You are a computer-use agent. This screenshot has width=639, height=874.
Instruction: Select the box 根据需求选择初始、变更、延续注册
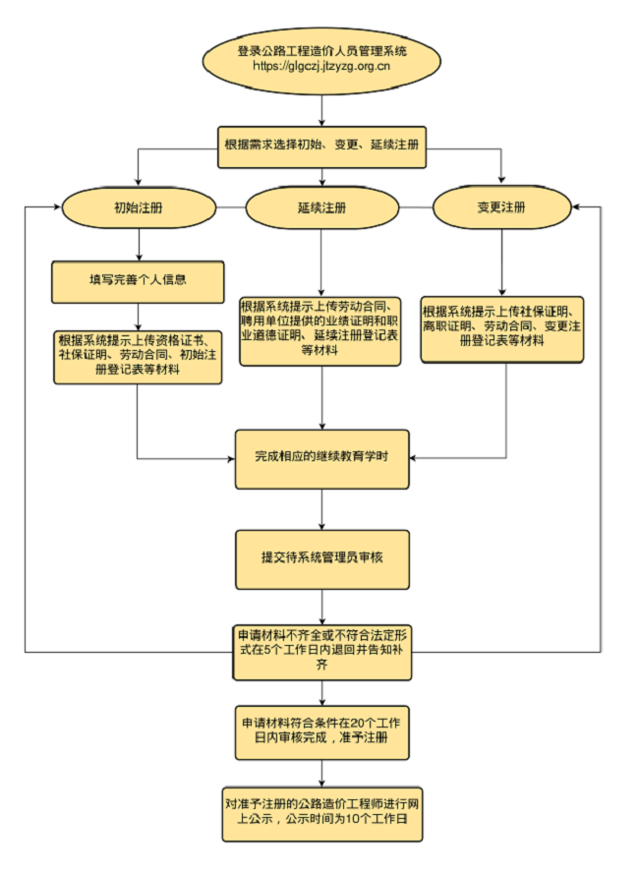[x=321, y=145]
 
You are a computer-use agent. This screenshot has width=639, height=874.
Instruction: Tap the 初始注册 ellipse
[x=139, y=208]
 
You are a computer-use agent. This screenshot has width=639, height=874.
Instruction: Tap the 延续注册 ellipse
[x=321, y=208]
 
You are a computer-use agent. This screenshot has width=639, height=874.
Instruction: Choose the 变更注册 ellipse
[x=501, y=208]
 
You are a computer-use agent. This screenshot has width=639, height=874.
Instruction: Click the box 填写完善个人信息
[x=139, y=281]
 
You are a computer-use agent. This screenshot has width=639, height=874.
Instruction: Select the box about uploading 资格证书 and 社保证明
[x=138, y=356]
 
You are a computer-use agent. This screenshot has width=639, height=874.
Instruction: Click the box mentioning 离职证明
[x=502, y=329]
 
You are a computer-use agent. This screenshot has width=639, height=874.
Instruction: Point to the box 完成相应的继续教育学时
[x=321, y=458]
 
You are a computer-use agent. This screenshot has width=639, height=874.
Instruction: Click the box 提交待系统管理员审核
[x=321, y=557]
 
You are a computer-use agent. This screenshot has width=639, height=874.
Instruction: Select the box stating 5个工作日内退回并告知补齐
[x=321, y=650]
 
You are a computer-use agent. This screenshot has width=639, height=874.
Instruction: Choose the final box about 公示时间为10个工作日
[x=321, y=811]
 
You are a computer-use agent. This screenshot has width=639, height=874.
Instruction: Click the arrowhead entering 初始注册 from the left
[x=55, y=208]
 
